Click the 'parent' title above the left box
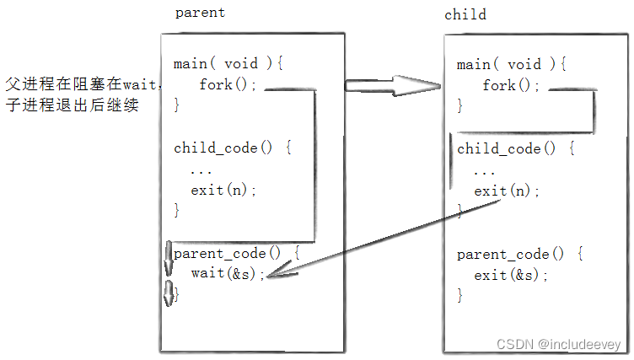pyautogui.click(x=200, y=13)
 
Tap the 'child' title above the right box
pyautogui.click(x=465, y=14)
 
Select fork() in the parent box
pyautogui.click(x=228, y=84)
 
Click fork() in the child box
pyautogui.click(x=511, y=85)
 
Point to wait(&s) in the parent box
pyautogui.click(x=228, y=273)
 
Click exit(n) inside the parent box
pyautogui.click(x=223, y=190)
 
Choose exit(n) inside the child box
pyautogui.click(x=507, y=191)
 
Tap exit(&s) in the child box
pyautogui.click(x=511, y=275)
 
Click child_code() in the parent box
pyautogui.click(x=223, y=148)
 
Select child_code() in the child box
pyautogui.click(x=507, y=148)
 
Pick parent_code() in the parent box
pyautogui.click(x=228, y=253)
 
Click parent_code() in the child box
pyautogui.click(x=511, y=255)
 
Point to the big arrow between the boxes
pyautogui.click(x=392, y=85)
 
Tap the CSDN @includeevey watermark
pyautogui.click(x=558, y=344)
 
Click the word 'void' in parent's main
pyautogui.click(x=241, y=63)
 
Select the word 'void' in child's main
pyautogui.click(x=524, y=64)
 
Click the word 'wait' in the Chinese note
pyautogui.click(x=139, y=84)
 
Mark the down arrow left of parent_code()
pyautogui.click(x=169, y=258)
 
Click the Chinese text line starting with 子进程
pyautogui.click(x=72, y=105)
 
